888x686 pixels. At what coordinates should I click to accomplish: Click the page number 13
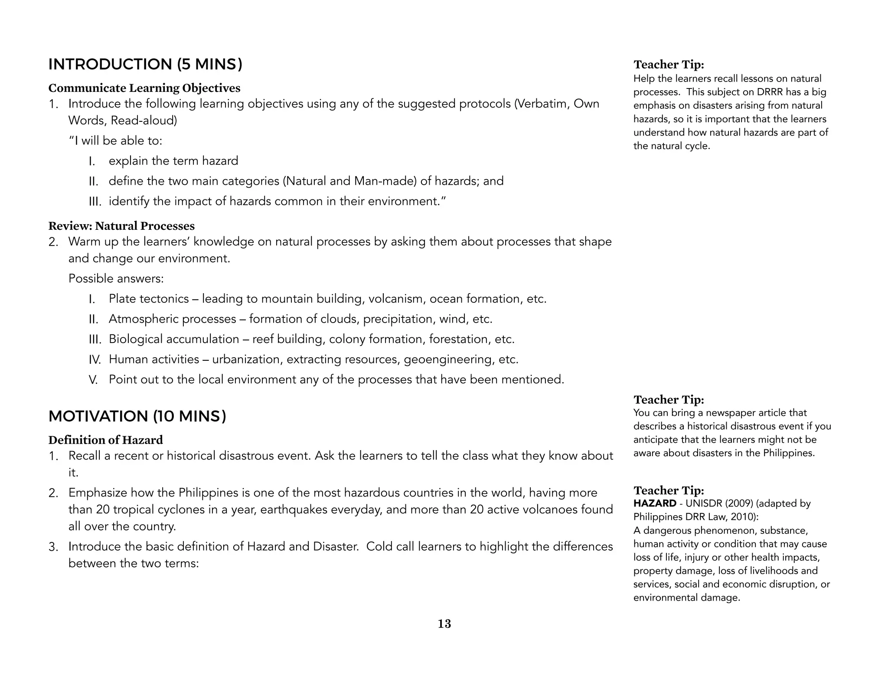pos(444,624)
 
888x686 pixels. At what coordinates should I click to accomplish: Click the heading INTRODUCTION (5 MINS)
pos(145,64)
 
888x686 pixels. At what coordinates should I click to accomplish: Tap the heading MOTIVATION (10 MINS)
pos(137,416)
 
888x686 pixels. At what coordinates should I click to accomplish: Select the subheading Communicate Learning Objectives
pos(144,88)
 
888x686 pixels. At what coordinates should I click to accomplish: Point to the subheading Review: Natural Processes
pos(121,226)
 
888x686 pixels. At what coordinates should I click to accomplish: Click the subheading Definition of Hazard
pos(105,440)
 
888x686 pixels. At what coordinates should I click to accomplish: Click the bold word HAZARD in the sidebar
pos(654,503)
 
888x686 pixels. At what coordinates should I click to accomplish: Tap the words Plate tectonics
pos(149,299)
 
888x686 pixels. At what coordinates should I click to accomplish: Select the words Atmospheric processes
pos(172,319)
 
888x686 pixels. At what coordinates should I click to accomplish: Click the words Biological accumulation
pos(174,339)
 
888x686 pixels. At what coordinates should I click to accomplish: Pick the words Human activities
pos(153,359)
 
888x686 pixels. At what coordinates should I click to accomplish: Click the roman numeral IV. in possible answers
pos(95,360)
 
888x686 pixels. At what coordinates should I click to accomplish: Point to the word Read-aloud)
pos(144,121)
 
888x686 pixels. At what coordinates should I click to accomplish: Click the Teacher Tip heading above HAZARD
pos(669,490)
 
